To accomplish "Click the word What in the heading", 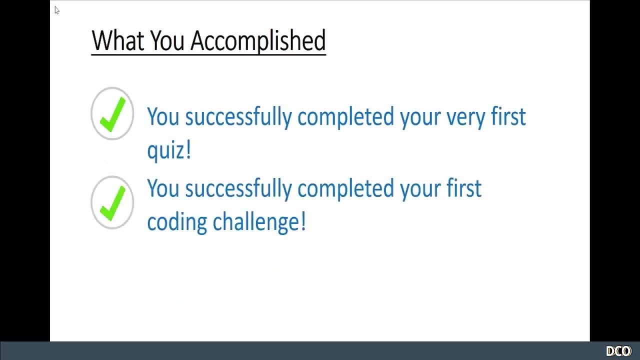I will [118, 40].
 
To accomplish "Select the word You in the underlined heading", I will [167, 40].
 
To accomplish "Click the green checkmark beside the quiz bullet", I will [112, 114].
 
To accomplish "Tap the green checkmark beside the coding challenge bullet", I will [112, 202].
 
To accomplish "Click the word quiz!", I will [169, 150].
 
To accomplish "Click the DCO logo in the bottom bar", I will [618, 351].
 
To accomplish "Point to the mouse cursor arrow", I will [56, 10].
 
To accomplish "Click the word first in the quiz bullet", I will [508, 116].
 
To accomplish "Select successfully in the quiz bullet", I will [238, 117].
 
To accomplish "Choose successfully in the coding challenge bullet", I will [238, 189].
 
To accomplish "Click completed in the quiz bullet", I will [345, 117].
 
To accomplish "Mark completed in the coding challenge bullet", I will [345, 189].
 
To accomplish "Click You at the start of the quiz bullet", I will [163, 116].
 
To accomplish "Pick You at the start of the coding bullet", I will [163, 188].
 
